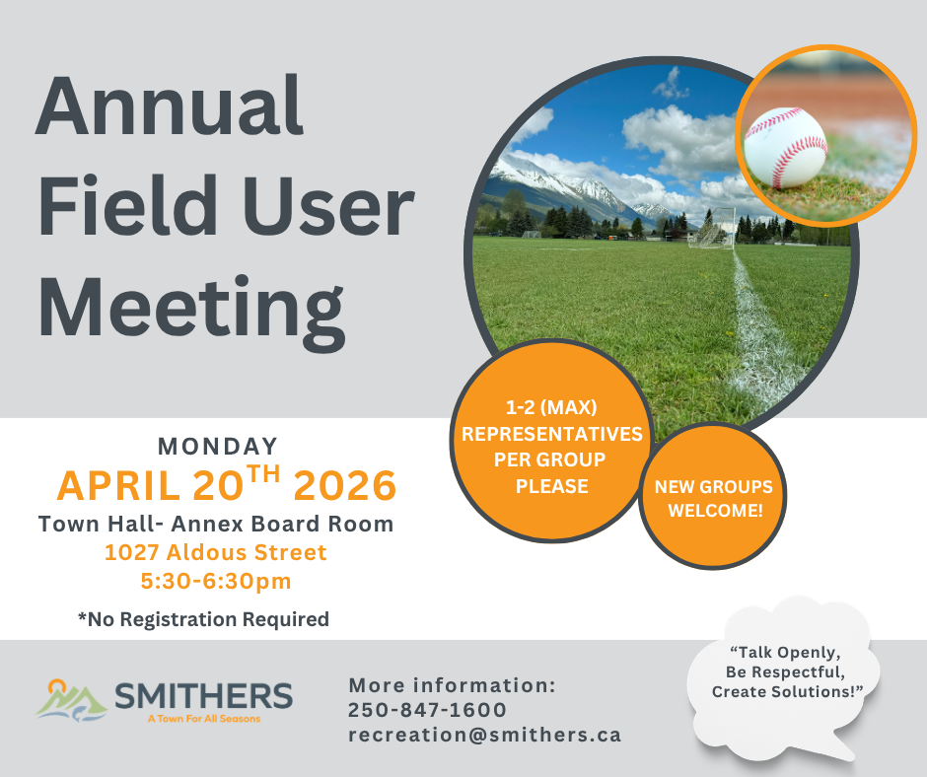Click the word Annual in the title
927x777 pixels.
tap(170, 106)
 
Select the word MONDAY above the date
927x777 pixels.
tap(218, 447)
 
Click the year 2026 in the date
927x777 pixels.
tap(345, 485)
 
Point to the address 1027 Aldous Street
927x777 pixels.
tap(216, 552)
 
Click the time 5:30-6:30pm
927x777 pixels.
tap(216, 581)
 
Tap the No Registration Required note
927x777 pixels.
tap(203, 619)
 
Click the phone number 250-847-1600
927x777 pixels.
tap(427, 710)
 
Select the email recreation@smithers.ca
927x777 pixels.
tap(485, 735)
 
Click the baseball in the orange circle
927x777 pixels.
tap(785, 147)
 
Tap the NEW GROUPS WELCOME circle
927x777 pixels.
tap(714, 497)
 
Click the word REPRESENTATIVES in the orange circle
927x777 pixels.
tap(551, 434)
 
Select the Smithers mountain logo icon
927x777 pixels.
tap(71, 701)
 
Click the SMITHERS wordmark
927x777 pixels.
tap(203, 696)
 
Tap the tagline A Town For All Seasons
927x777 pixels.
tap(204, 719)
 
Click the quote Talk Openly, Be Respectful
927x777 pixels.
tap(785, 663)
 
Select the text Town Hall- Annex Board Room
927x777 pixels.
tap(216, 524)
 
